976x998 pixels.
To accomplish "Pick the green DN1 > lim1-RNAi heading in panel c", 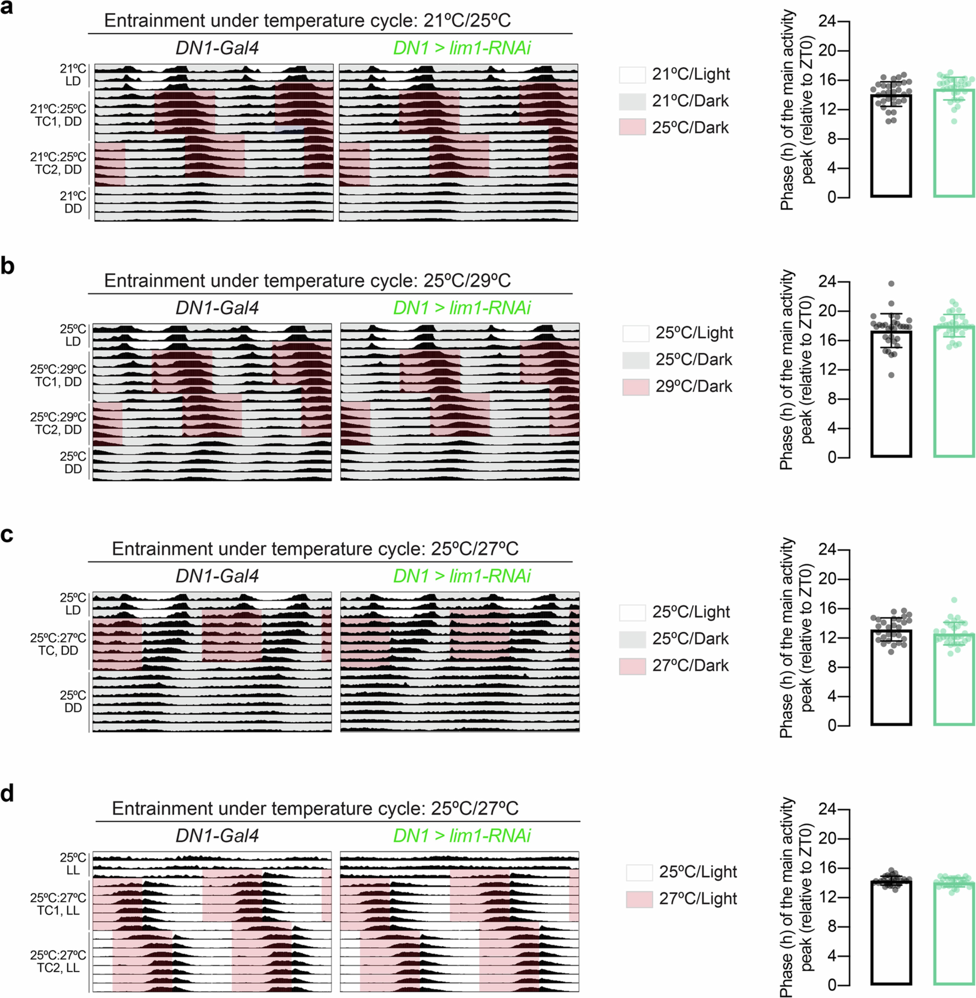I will click(461, 576).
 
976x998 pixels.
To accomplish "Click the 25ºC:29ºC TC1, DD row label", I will click(58, 376).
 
